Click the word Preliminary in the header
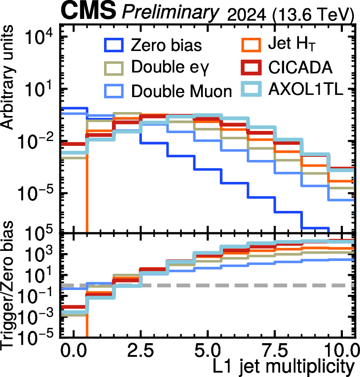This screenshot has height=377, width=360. (x=170, y=12)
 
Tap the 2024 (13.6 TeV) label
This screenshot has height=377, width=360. (x=291, y=15)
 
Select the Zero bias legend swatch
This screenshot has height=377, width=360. (x=114, y=45)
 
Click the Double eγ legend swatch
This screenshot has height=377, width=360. (x=114, y=68)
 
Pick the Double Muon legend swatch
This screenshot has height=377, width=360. (x=114, y=91)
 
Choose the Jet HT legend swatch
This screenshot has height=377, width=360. (x=251, y=45)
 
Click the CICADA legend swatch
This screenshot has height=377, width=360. (x=251, y=67)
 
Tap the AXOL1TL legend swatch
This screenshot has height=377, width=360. (x=251, y=90)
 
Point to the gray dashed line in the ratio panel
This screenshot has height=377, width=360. (x=208, y=286)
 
